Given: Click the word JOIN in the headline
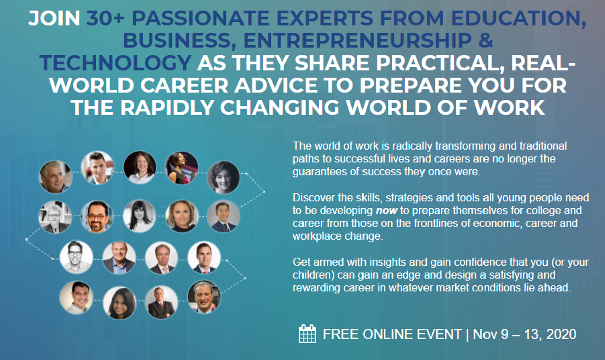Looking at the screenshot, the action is (x=54, y=18).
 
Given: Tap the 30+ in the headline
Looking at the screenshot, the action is (x=105, y=18).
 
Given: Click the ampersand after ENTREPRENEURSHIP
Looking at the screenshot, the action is (x=486, y=40).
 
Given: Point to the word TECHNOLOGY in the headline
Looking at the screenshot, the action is (x=115, y=63).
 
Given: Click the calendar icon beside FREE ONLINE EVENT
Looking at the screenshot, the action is (x=308, y=334).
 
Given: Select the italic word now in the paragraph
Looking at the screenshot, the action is (x=387, y=210).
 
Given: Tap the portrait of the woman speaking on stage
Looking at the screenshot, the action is (x=181, y=168).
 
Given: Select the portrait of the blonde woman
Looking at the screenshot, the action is (x=182, y=216).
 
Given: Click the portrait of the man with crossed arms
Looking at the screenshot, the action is (x=161, y=302).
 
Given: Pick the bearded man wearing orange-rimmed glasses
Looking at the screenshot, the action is (x=97, y=217).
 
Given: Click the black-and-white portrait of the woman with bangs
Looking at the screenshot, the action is (x=139, y=216).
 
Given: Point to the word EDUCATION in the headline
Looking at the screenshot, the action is (x=519, y=19).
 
